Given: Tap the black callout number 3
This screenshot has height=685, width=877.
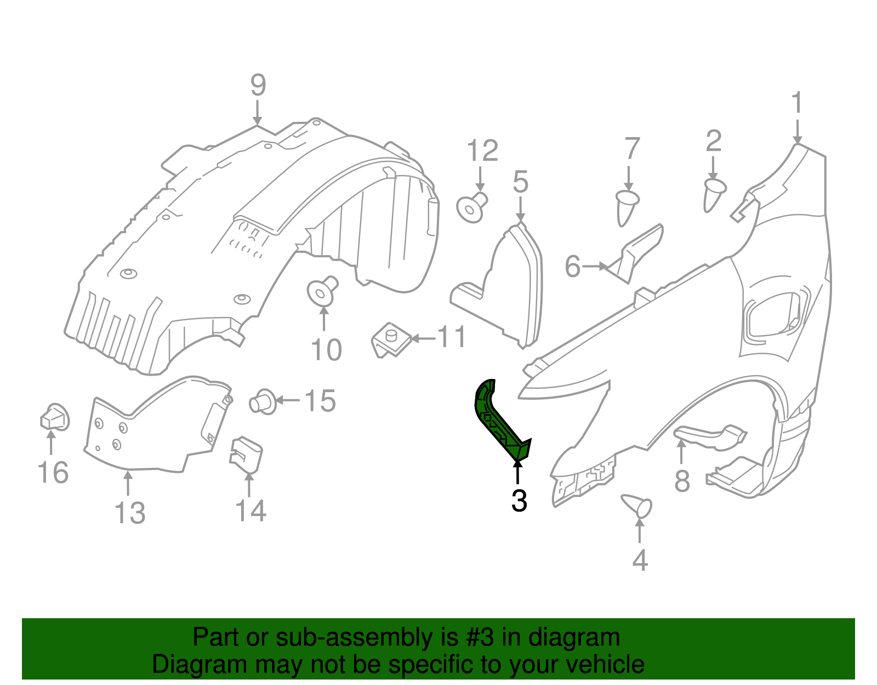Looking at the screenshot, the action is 519,501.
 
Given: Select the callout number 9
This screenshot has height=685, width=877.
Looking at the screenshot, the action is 258,86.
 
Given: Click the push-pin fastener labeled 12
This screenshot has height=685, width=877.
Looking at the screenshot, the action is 471,208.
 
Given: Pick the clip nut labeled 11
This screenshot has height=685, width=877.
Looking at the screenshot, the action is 391,340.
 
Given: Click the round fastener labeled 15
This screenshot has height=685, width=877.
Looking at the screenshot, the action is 263,401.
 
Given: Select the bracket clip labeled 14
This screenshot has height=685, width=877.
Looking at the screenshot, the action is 246,454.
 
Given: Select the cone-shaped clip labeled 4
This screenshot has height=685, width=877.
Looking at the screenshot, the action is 637,505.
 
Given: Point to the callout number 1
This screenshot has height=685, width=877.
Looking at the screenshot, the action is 797,103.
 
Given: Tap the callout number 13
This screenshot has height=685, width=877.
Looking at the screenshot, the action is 130,513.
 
